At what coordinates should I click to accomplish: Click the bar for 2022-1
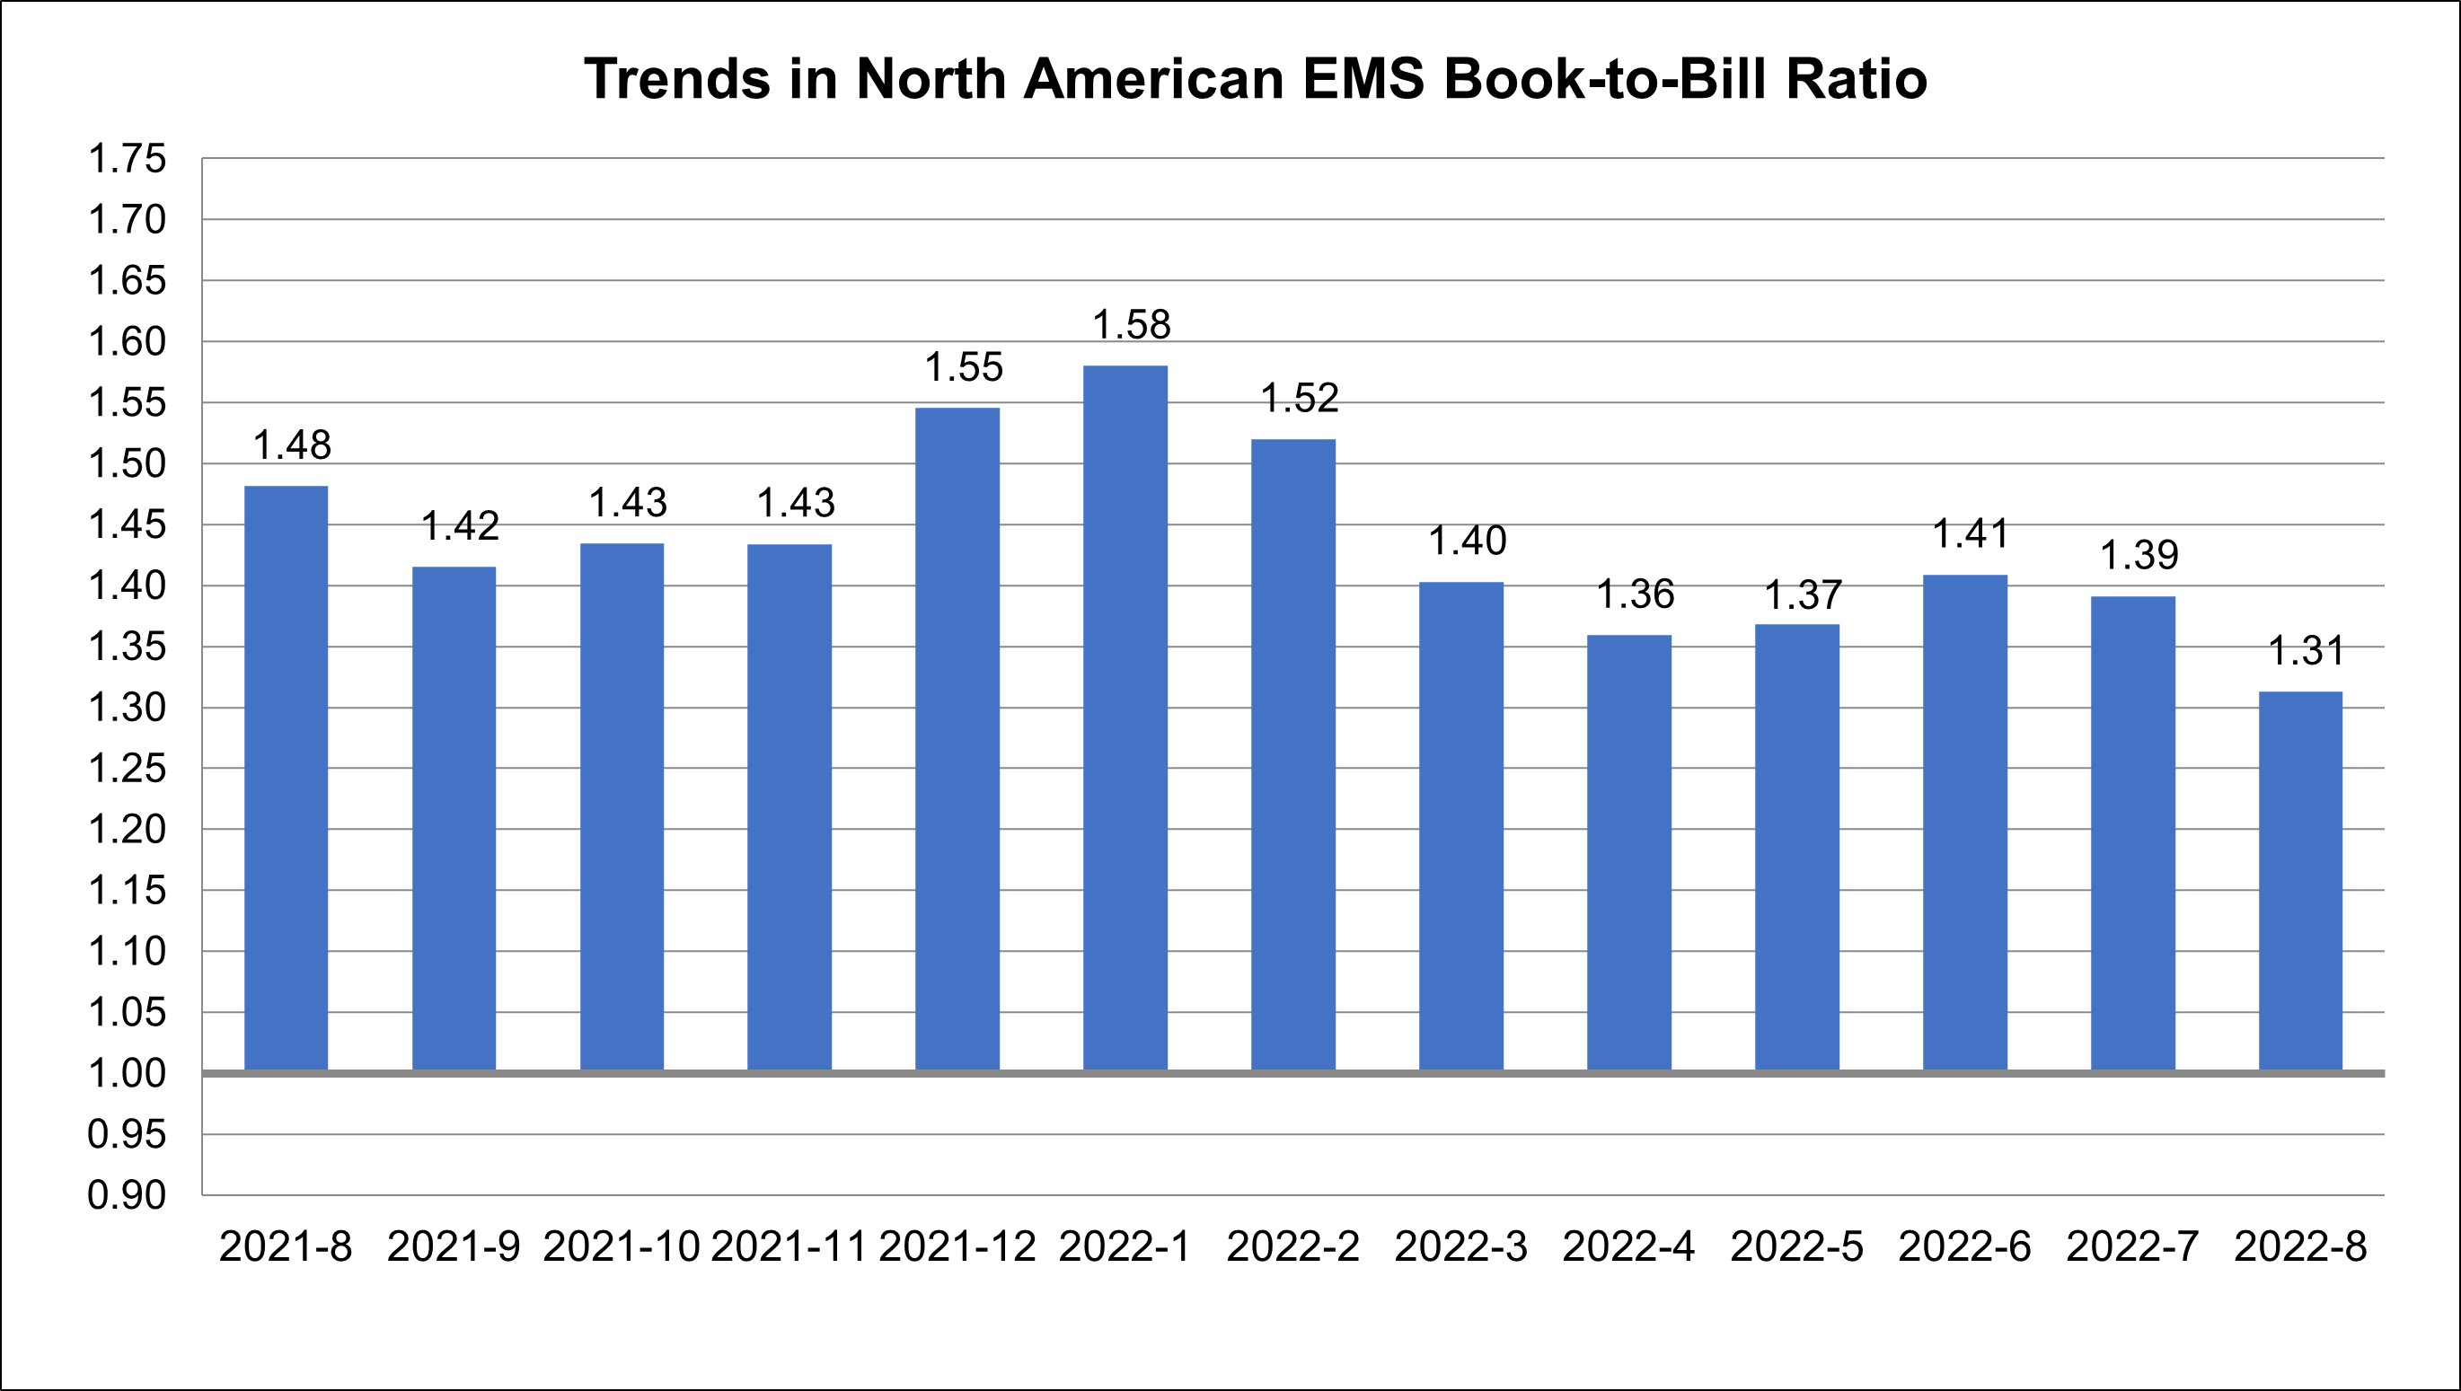pos(1125,718)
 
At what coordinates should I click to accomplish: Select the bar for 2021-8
pos(286,778)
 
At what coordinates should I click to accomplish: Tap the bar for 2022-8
pos(2300,880)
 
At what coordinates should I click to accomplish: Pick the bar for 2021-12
pos(957,738)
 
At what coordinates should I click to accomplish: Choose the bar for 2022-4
pos(1629,852)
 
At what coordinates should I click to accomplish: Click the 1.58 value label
pos(1131,326)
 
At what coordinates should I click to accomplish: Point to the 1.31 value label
pos(2307,652)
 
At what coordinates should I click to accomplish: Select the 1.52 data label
pos(1300,399)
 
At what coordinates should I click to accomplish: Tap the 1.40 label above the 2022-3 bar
pos(1468,541)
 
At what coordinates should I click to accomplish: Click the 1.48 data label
pos(291,445)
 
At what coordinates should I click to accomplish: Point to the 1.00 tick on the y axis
pos(127,1074)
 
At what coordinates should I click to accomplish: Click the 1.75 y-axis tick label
pos(127,159)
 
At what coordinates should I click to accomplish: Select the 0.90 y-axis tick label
pos(127,1195)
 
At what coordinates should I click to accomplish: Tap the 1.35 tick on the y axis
pos(127,647)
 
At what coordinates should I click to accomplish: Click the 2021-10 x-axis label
pos(622,1246)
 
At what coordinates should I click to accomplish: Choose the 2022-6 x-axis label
pos(1964,1246)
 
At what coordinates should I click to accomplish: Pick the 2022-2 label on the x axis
pos(1292,1246)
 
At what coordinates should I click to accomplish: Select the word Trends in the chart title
pos(677,78)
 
